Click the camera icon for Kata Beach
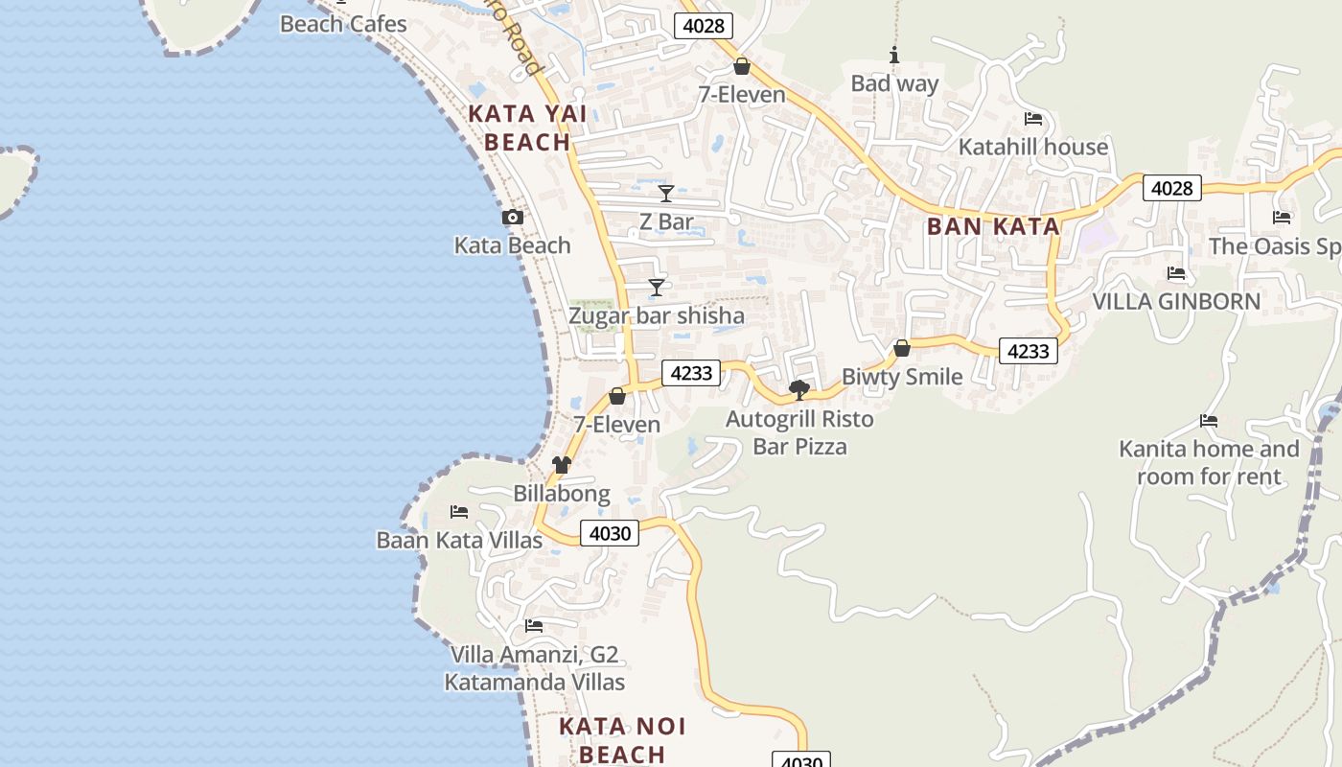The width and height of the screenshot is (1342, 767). pyautogui.click(x=513, y=218)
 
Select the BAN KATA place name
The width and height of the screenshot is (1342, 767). pyautogui.click(x=993, y=227)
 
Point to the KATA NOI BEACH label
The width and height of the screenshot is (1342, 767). pyautogui.click(x=622, y=739)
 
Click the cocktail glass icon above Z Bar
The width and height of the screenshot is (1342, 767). pyautogui.click(x=666, y=194)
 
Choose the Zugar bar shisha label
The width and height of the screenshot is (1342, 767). pyautogui.click(x=656, y=315)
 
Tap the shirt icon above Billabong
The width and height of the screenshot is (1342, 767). pyautogui.click(x=562, y=465)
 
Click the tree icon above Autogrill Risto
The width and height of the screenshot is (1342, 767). pyautogui.click(x=798, y=389)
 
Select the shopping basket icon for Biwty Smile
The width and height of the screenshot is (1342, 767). pyautogui.click(x=902, y=348)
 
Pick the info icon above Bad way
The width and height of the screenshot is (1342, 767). pyautogui.click(x=894, y=56)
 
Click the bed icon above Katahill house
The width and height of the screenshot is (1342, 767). pyautogui.click(x=1033, y=119)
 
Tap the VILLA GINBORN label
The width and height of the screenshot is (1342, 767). pyautogui.click(x=1176, y=301)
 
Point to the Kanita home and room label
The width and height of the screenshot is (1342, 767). pyautogui.click(x=1209, y=462)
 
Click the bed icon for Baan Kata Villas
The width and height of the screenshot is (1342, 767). pyautogui.click(x=459, y=512)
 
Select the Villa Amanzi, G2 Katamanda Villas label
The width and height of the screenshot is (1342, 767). pyautogui.click(x=535, y=668)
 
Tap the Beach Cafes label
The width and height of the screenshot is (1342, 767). pyautogui.click(x=343, y=24)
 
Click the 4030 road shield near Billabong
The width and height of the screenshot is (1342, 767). pyautogui.click(x=610, y=533)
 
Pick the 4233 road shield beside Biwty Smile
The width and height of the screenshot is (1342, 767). pyautogui.click(x=1029, y=352)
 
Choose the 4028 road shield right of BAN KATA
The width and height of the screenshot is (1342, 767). pyautogui.click(x=1172, y=189)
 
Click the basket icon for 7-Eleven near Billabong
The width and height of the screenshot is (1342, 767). pyautogui.click(x=617, y=396)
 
